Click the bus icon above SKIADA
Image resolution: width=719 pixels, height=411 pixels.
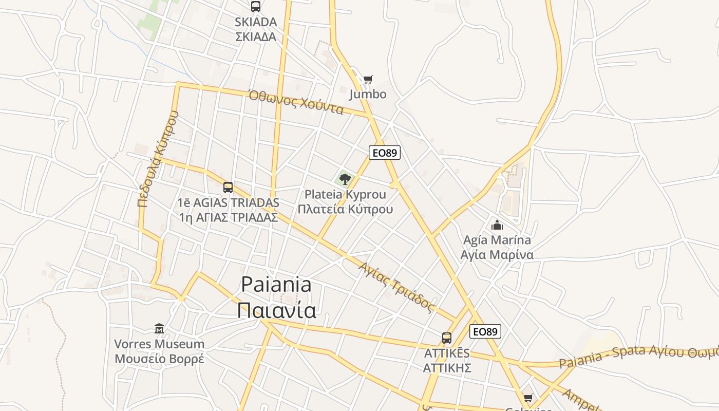coord(255,7)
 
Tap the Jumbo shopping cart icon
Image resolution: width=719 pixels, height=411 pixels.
coord(368,79)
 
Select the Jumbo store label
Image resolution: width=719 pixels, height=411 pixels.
coord(368,95)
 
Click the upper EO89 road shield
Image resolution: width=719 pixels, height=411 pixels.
coord(384,153)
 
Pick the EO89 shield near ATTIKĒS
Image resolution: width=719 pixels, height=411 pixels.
coord(485,331)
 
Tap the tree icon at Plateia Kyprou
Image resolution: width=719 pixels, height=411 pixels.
coord(345,179)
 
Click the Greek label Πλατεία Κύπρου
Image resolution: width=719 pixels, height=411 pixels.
coord(345,209)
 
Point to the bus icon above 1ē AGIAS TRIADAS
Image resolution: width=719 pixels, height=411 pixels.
coord(228,188)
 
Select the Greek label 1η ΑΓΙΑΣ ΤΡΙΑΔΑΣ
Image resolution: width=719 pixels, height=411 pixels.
coord(228,217)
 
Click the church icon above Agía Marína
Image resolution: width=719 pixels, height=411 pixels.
coord(497,225)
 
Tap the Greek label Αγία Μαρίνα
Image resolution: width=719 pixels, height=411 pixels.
coord(497,255)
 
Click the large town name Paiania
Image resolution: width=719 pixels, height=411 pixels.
coord(276,284)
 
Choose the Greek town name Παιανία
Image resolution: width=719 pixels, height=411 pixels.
coord(276,310)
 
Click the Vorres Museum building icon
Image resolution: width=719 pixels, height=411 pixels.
coord(159,328)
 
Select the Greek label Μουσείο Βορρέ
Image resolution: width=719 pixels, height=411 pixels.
coord(159,359)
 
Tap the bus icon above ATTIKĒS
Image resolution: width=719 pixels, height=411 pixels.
coord(447,338)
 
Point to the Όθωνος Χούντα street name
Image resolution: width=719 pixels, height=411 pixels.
coord(296,102)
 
